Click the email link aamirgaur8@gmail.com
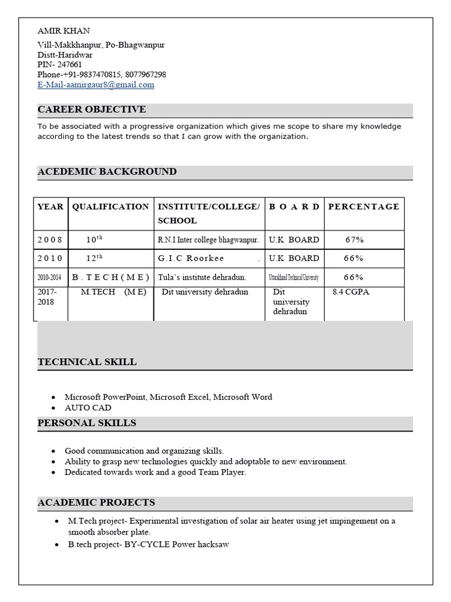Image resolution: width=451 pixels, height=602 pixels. (96, 85)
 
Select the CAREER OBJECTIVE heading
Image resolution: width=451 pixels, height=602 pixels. (92, 109)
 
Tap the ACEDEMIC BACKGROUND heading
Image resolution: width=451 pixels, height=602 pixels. (107, 172)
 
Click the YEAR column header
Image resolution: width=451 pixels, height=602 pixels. (51, 206)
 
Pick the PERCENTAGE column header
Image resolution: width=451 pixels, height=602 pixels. (364, 206)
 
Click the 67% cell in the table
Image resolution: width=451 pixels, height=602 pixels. (354, 240)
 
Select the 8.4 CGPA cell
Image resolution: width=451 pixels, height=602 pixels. (351, 292)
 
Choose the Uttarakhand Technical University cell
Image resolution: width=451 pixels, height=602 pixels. (294, 277)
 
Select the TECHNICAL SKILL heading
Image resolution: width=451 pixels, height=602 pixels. (87, 362)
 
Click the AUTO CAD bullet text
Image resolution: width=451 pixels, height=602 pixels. (88, 408)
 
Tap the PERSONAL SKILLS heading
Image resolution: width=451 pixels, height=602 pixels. (87, 423)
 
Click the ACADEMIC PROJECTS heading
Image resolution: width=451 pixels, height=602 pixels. (96, 503)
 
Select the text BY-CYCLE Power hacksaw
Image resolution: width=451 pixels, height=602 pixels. (176, 544)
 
